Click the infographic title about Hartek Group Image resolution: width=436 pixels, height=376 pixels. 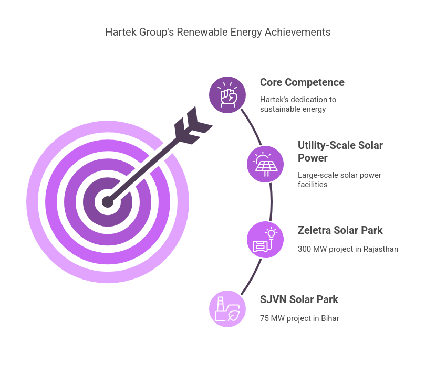[217, 32]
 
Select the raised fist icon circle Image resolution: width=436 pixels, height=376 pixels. [227, 95]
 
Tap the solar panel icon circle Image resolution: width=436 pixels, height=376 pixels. [265, 164]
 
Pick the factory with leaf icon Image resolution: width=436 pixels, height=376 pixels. [227, 309]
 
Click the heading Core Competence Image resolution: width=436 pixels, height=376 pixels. [302, 82]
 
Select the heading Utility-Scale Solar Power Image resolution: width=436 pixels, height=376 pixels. [340, 152]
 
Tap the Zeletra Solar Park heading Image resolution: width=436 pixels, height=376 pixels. [340, 230]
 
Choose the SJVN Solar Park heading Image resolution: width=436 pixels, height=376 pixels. [299, 299]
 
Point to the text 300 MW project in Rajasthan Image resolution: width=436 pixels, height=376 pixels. [348, 249]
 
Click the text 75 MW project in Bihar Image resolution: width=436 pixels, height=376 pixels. [299, 318]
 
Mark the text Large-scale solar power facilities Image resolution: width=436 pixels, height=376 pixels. [339, 180]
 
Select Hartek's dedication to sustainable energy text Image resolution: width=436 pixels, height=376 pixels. [298, 104]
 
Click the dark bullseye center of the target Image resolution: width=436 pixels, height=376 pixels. [108, 202]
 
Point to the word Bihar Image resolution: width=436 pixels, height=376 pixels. [330, 318]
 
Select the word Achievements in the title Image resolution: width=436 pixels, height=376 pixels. [297, 32]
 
